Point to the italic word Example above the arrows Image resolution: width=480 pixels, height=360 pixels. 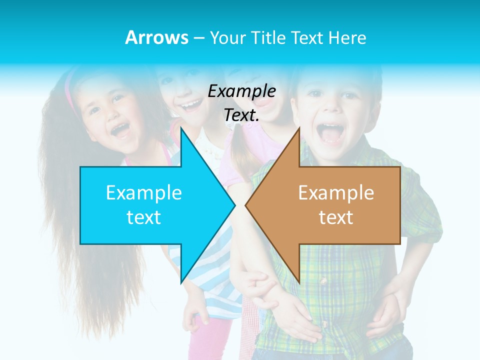point(241,91)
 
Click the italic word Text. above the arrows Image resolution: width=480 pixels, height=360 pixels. point(241,115)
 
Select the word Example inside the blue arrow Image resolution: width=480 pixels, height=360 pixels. point(144,192)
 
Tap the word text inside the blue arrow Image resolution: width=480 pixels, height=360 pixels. point(144,217)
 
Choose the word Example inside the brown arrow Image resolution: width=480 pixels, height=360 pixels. point(336,192)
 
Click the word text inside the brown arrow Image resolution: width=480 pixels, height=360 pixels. point(336,217)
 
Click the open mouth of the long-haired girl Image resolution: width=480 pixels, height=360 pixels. point(120,130)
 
